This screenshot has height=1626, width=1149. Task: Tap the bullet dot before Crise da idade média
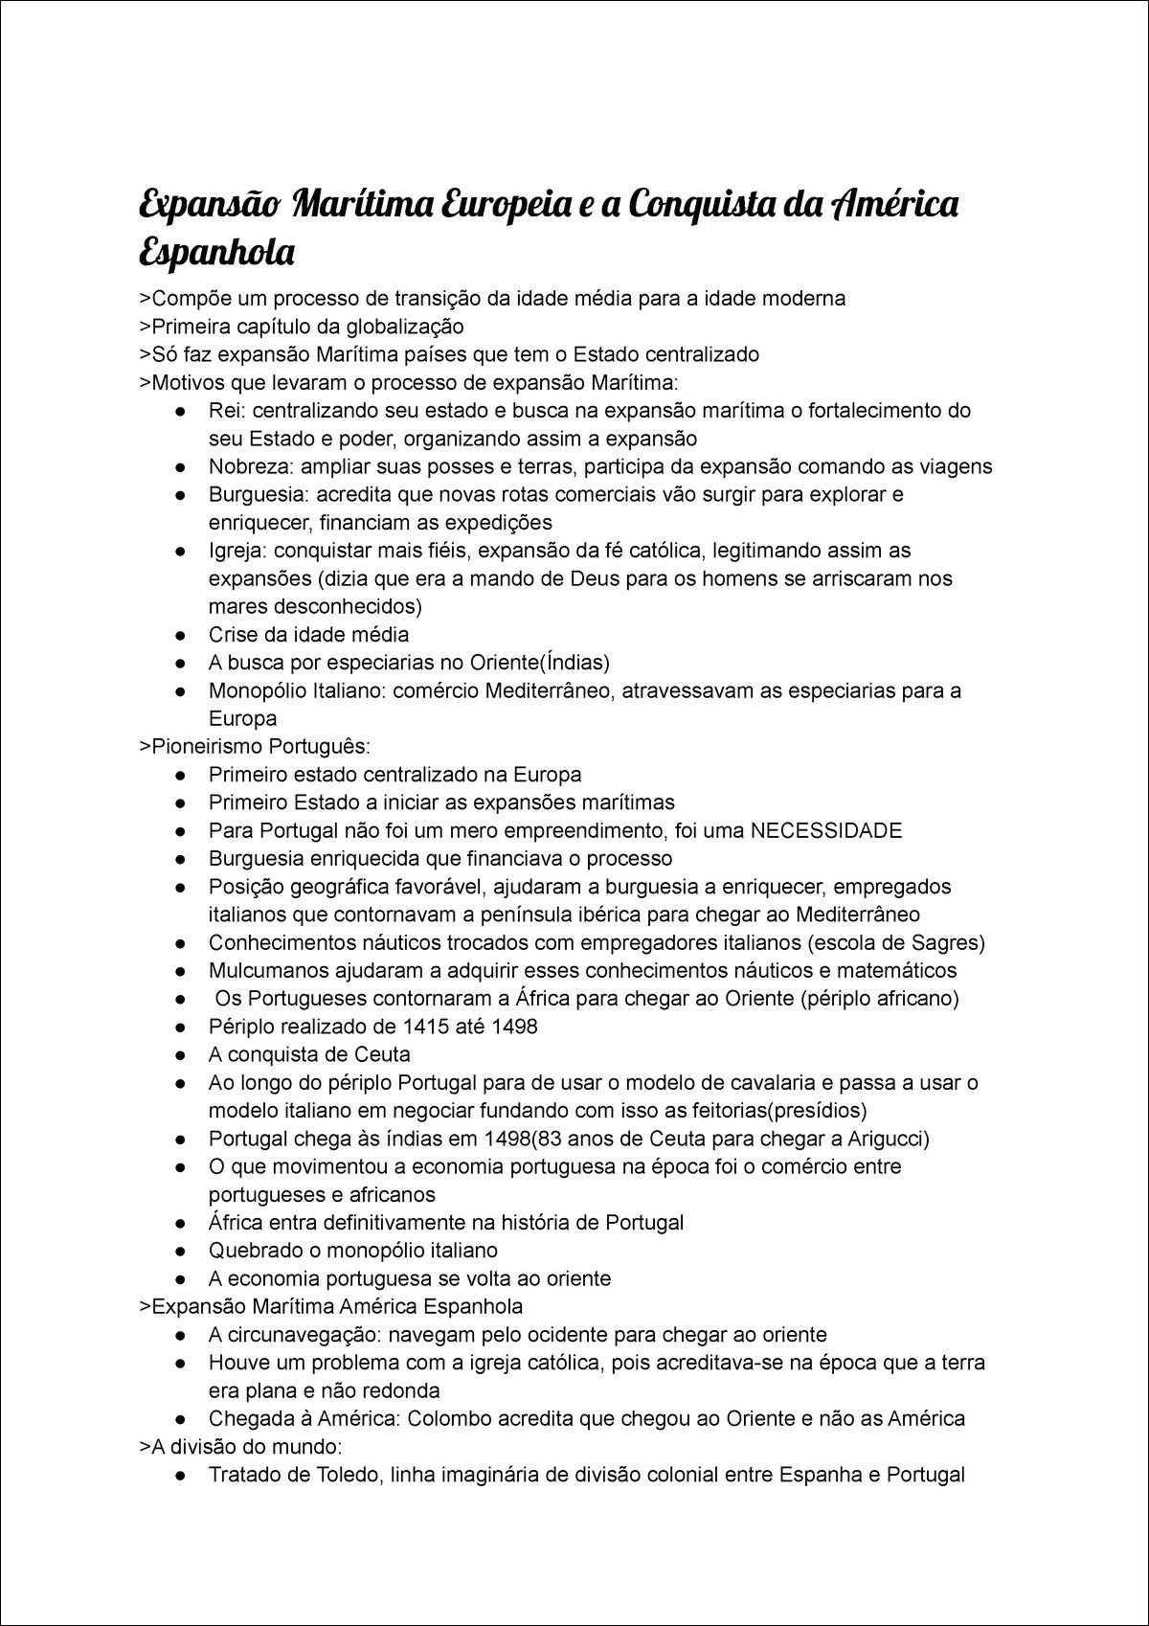181,635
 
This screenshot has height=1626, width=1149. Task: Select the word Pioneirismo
204,747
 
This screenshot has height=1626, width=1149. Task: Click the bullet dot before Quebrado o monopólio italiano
181,1251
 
